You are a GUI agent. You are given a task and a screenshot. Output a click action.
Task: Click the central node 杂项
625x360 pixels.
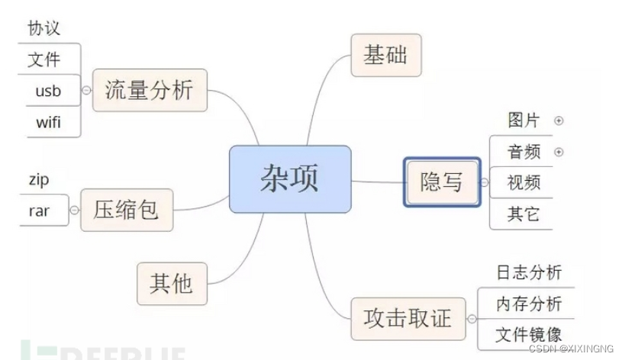290,180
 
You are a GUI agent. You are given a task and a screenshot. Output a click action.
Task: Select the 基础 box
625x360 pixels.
385,55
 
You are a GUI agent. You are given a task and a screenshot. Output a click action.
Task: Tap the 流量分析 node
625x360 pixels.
150,90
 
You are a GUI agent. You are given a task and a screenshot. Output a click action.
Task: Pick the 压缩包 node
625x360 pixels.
127,209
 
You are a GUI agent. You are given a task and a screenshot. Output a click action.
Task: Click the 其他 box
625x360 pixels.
172,283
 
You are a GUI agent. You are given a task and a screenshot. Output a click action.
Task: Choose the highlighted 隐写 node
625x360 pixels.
442,182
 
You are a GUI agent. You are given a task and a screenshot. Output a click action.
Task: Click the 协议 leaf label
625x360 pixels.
44,28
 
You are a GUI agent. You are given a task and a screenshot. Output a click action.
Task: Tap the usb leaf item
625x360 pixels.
47,91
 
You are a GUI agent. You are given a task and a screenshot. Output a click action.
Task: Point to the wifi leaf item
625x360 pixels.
49,121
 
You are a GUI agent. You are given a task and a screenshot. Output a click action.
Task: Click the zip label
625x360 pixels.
38,180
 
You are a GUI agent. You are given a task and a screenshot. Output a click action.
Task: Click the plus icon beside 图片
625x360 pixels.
559,121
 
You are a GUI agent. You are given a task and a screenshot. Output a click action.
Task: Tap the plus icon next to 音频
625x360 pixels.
559,152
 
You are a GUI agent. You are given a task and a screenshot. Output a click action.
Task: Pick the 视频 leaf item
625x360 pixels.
524,183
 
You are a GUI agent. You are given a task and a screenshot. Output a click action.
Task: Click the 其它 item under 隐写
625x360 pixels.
524,214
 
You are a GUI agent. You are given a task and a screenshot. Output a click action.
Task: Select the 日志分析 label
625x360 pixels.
529,272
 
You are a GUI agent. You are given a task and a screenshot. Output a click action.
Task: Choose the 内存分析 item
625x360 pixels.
529,304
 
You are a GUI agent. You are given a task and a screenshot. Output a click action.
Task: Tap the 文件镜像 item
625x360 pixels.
529,334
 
